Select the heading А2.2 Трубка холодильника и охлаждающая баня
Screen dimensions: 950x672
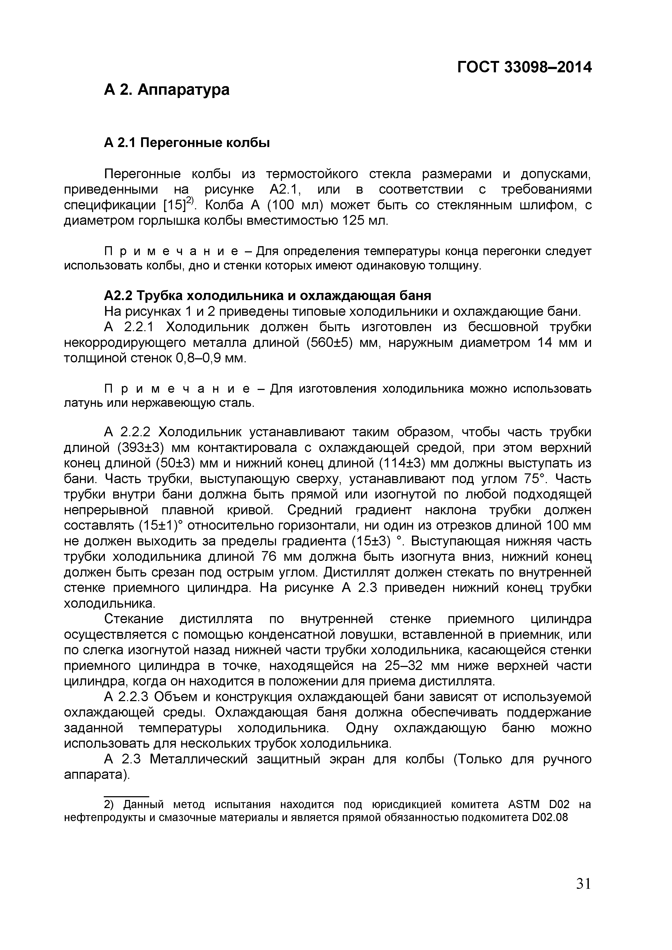click(x=267, y=295)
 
